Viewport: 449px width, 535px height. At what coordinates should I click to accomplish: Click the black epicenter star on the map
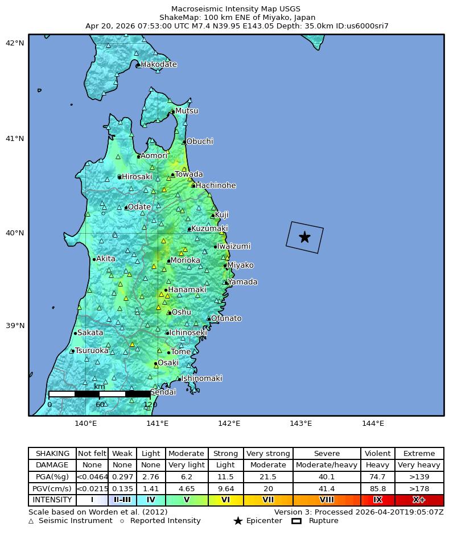click(304, 237)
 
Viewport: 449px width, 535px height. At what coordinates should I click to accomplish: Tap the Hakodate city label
click(159, 65)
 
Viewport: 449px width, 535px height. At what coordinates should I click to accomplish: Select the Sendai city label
click(163, 392)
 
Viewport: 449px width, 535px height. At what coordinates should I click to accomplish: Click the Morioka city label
click(185, 260)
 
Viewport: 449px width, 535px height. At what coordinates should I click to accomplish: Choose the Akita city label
click(105, 259)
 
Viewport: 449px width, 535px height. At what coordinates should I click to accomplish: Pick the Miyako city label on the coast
click(240, 266)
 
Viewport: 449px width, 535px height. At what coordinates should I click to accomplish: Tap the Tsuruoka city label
click(92, 351)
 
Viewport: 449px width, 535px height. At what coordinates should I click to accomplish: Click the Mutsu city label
click(187, 111)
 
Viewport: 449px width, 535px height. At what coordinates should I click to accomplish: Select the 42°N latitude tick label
click(14, 43)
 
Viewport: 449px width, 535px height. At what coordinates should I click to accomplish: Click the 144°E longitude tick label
click(373, 423)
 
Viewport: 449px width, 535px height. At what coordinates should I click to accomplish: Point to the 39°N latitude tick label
click(14, 326)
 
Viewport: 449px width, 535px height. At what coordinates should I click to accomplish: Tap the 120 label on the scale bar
click(150, 405)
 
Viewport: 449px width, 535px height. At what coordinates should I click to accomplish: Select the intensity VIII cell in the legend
click(327, 500)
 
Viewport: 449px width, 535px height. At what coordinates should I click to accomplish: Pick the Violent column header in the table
click(377, 454)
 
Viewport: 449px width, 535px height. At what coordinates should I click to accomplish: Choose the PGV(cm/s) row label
click(52, 488)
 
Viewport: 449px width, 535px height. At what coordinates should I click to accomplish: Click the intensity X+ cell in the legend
click(419, 500)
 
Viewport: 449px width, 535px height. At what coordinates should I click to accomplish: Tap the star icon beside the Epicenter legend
click(238, 521)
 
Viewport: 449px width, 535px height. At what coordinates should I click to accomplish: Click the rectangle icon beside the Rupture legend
click(296, 521)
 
